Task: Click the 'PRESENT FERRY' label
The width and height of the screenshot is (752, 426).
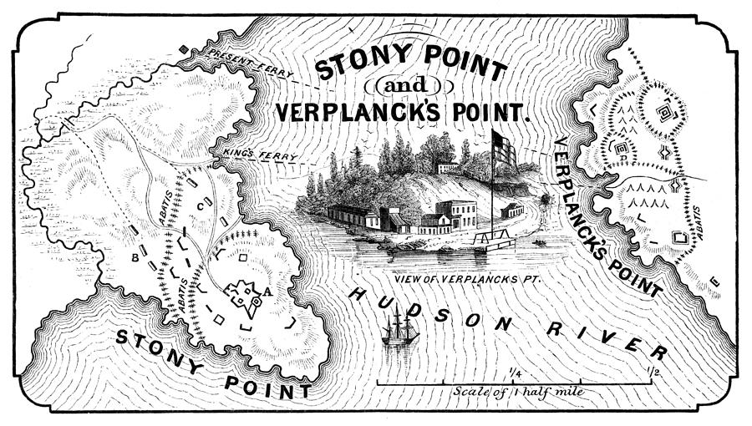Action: (x=252, y=63)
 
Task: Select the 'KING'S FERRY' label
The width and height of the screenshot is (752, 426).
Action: (x=250, y=155)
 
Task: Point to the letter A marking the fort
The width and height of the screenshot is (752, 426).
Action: (x=267, y=292)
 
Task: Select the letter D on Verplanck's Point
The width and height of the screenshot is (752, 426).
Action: (x=622, y=149)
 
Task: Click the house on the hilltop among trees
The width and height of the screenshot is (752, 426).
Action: (x=449, y=167)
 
